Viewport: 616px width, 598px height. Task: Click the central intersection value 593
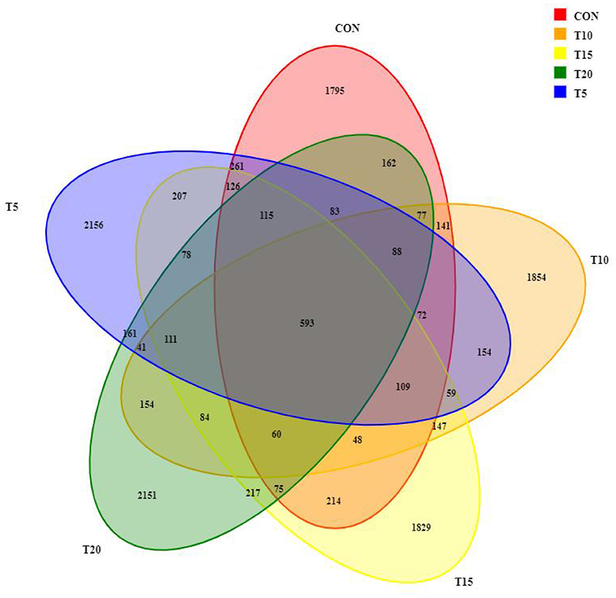pos(306,323)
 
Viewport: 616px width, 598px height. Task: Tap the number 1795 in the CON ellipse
pos(335,90)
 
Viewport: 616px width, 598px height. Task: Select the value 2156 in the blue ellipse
pos(93,225)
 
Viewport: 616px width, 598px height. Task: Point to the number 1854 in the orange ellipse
pos(536,278)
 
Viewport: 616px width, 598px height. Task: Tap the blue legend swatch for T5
pos(561,93)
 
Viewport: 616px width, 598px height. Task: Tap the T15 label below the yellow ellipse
pos(464,582)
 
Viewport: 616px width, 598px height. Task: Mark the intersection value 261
pos(237,166)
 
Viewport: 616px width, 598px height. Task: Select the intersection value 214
pos(333,501)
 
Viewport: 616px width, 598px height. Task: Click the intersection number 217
pos(252,493)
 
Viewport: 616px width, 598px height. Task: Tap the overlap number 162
pos(389,163)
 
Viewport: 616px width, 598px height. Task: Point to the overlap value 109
pos(403,386)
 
